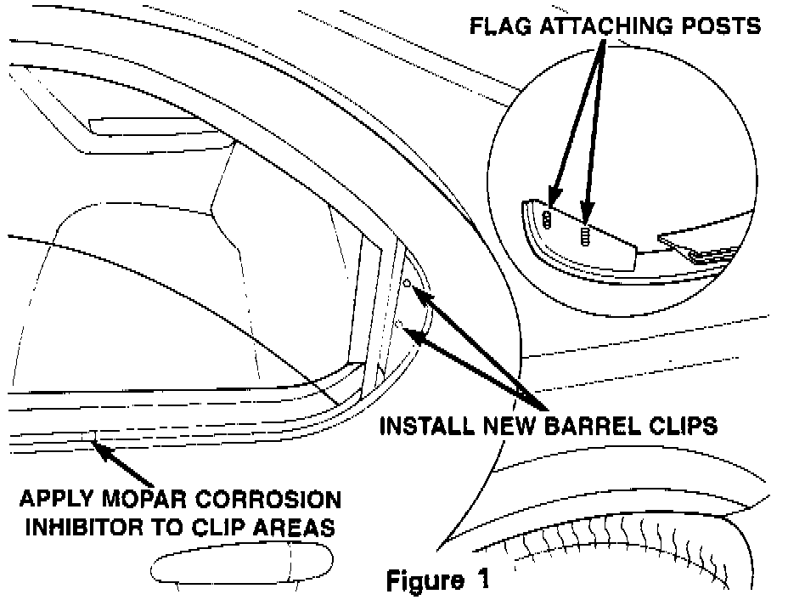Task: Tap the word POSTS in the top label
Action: pos(723,26)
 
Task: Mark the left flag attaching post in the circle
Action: pos(547,220)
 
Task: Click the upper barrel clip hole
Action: pos(407,283)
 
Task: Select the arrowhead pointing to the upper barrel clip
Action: pos(419,295)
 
